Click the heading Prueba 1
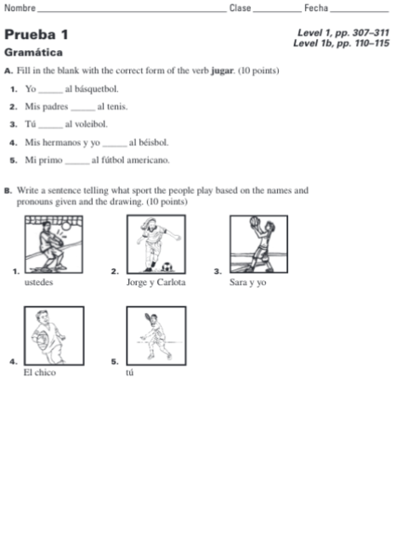pyautogui.click(x=36, y=34)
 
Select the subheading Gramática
pyautogui.click(x=33, y=52)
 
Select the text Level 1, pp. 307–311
pyautogui.click(x=343, y=32)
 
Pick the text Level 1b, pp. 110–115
pyautogui.click(x=340, y=43)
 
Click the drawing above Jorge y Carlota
pyautogui.click(x=153, y=245)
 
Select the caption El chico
pyautogui.click(x=39, y=372)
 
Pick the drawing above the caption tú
pyautogui.click(x=152, y=335)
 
